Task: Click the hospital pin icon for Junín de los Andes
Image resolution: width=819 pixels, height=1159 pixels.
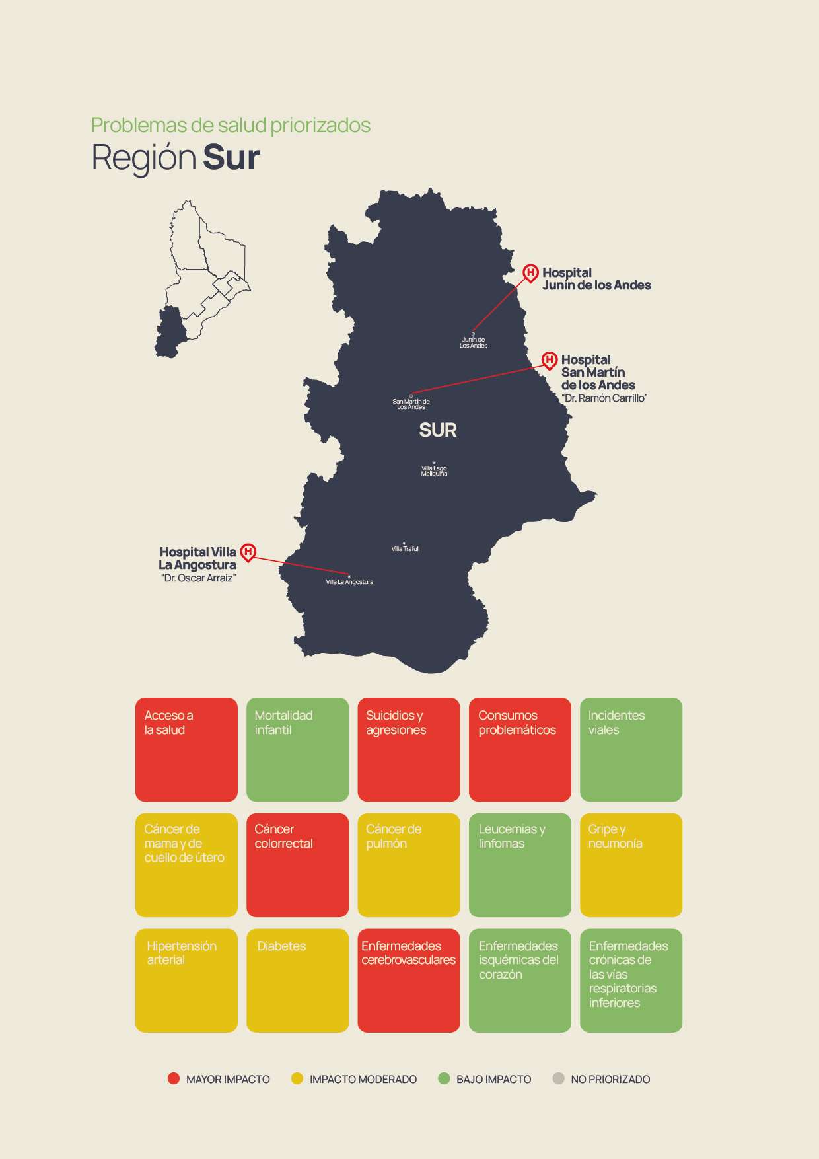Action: coord(530,272)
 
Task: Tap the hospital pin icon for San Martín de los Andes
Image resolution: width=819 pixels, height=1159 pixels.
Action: coord(550,359)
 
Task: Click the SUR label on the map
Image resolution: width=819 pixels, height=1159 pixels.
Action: coord(438,430)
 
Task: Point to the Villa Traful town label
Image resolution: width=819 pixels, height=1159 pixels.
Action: coord(405,548)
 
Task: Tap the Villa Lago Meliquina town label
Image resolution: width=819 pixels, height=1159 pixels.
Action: coord(434,470)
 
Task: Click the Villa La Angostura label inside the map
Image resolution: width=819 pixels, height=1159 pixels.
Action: coord(349,582)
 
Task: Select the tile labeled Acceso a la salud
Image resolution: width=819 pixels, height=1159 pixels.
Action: coord(186,749)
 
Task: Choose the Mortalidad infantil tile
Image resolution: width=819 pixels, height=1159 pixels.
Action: coord(297,749)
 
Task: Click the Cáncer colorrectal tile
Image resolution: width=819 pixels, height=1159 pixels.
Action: coord(297,864)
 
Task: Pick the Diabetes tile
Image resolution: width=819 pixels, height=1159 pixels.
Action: coord(297,980)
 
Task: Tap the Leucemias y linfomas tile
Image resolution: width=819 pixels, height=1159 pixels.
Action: coord(520,864)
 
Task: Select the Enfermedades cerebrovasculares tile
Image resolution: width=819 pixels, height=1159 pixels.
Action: coord(408,980)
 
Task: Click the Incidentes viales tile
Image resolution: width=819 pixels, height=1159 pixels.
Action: coord(631,749)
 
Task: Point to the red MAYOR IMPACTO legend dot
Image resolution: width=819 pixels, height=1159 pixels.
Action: coord(174,1078)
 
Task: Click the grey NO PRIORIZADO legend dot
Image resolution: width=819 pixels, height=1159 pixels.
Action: coord(558,1078)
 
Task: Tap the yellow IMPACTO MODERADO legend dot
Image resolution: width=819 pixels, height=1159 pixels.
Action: coord(297,1078)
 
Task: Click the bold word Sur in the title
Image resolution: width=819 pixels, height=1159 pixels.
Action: coord(231,158)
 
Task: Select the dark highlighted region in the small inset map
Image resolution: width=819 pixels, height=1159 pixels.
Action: coord(170,332)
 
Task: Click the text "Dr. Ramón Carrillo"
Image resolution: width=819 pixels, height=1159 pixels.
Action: coord(604,398)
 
